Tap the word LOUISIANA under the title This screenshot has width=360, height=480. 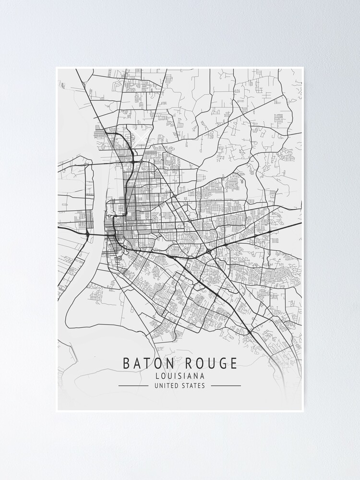(x=180, y=376)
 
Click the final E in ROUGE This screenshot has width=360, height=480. (x=233, y=363)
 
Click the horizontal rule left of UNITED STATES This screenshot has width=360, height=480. (x=133, y=385)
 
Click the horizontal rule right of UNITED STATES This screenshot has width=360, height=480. (x=226, y=385)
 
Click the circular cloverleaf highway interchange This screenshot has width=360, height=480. (x=208, y=251)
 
